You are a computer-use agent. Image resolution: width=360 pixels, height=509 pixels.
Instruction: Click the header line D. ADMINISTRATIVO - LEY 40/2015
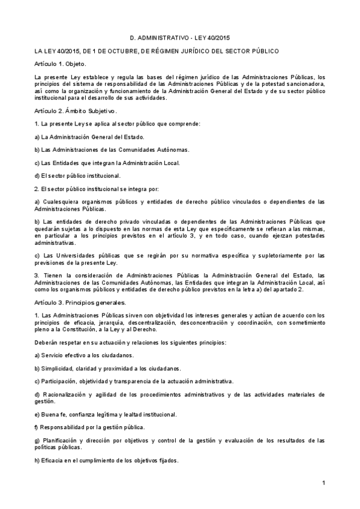[180, 37]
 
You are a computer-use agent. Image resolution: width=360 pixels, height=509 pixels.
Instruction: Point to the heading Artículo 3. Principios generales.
[80, 302]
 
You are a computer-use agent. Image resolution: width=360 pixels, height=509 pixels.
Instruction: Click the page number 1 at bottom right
[323, 483]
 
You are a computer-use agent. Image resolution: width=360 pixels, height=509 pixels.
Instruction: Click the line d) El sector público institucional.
[77, 175]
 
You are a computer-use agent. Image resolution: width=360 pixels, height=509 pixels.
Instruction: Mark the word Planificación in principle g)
[61, 441]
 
